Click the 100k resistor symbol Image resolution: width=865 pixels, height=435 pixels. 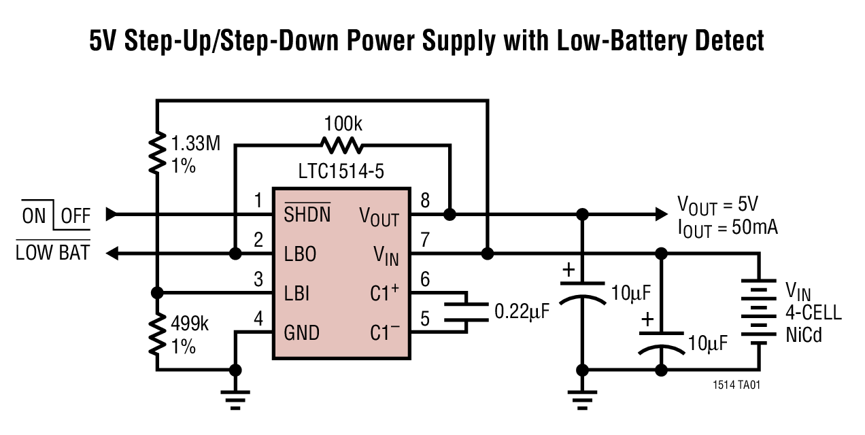(x=342, y=145)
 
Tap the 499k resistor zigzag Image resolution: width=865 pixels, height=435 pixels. (x=158, y=333)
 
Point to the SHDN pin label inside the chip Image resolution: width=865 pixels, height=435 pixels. (x=307, y=215)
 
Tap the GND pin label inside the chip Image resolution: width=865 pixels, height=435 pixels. (x=302, y=333)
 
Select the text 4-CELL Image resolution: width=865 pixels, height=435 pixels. (x=813, y=313)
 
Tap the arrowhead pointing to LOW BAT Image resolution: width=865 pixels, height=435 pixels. (x=113, y=254)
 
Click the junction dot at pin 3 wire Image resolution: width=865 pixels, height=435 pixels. (x=158, y=293)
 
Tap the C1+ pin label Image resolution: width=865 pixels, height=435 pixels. (x=384, y=294)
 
